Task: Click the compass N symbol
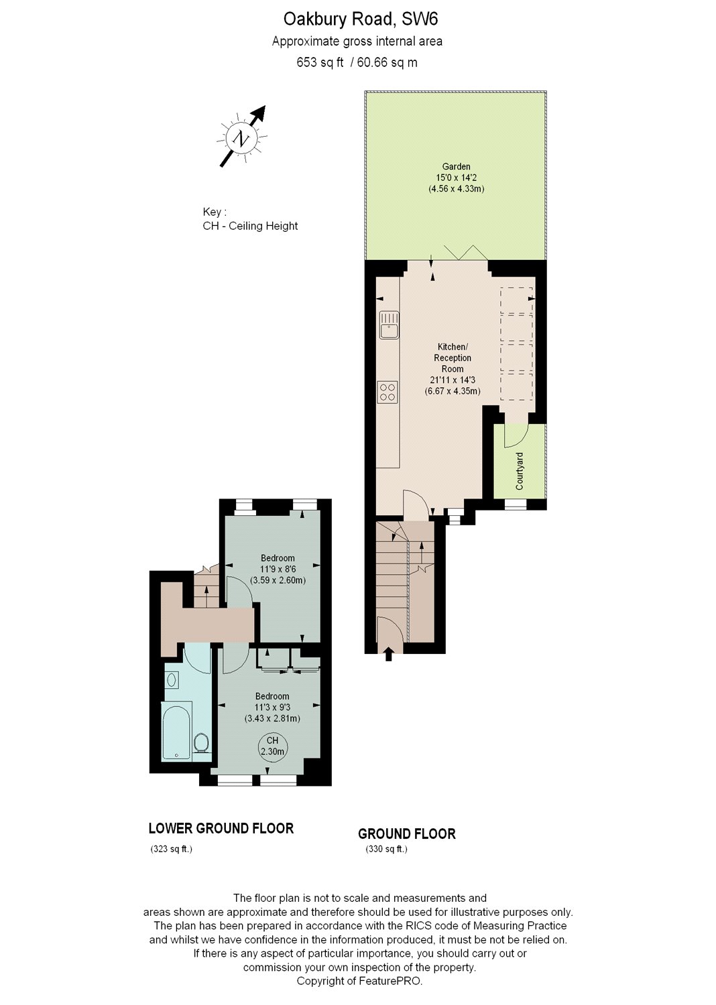(x=241, y=139)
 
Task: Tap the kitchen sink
(x=389, y=325)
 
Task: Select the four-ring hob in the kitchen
(x=387, y=391)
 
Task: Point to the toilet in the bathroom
(x=200, y=742)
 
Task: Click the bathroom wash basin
(x=172, y=680)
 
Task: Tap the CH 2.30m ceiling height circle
(x=272, y=746)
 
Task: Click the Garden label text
(x=456, y=167)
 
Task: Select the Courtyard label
(x=520, y=470)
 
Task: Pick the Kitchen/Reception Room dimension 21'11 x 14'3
(x=453, y=380)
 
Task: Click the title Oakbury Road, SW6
(x=359, y=19)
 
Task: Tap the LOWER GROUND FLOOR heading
(x=221, y=829)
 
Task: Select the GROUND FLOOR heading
(x=406, y=834)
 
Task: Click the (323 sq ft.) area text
(x=171, y=850)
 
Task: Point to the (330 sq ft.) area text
(x=386, y=850)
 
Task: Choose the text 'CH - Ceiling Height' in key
(x=250, y=226)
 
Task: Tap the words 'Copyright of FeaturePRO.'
(x=359, y=981)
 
